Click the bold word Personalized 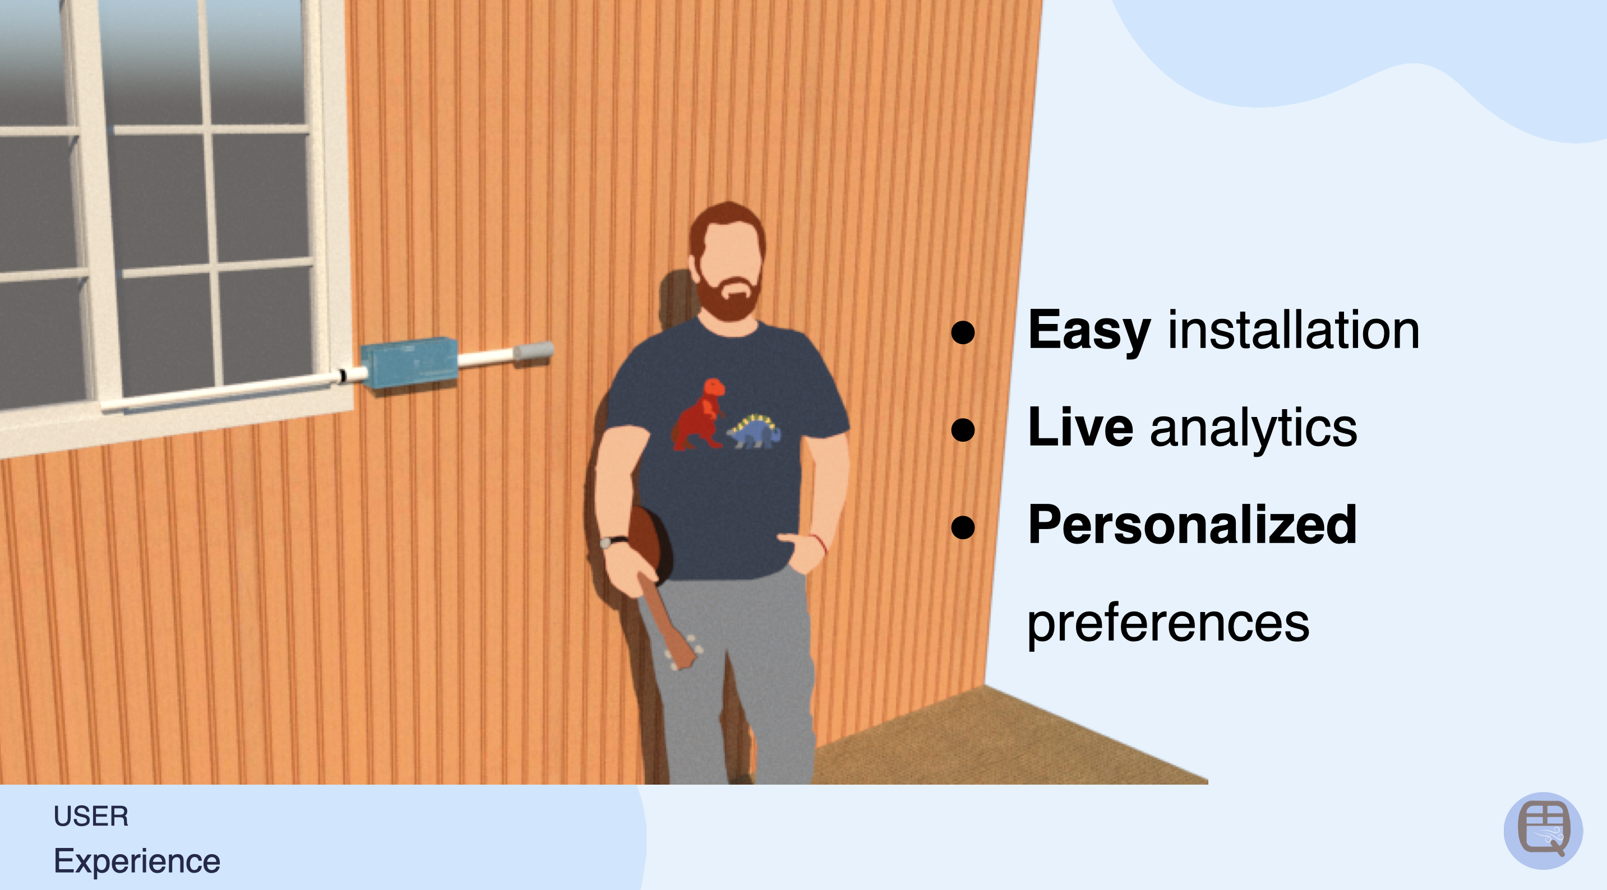pyautogui.click(x=1192, y=525)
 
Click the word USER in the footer pyautogui.click(x=91, y=817)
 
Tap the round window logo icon pyautogui.click(x=1543, y=831)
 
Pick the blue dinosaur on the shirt pyautogui.click(x=754, y=430)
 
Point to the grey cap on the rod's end pyautogui.click(x=533, y=351)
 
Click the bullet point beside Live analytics pyautogui.click(x=963, y=430)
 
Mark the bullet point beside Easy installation pyautogui.click(x=963, y=332)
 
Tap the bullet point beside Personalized pyautogui.click(x=963, y=527)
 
